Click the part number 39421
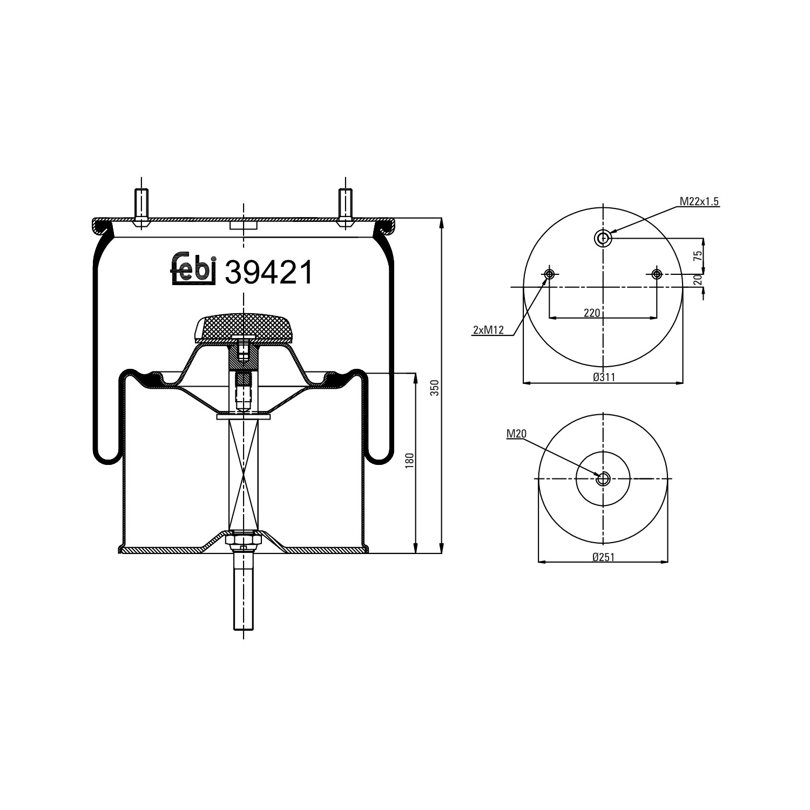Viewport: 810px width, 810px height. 268,272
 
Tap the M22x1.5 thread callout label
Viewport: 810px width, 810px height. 699,201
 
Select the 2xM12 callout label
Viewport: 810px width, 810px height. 488,330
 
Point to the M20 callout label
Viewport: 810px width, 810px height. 516,433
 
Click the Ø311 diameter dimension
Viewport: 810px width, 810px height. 604,377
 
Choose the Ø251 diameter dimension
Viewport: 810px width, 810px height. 603,557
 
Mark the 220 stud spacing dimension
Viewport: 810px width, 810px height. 592,313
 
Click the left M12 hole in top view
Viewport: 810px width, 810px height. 550,274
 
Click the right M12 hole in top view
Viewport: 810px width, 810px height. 656,274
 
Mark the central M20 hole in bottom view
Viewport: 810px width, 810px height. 603,478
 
